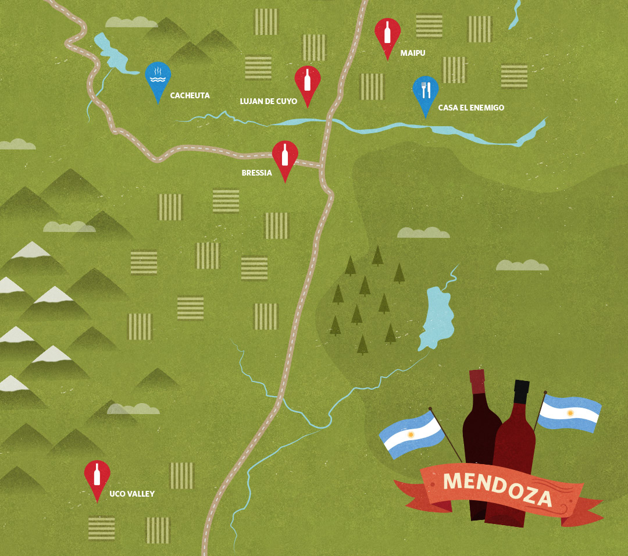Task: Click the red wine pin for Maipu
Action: point(387,33)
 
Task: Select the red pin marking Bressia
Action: point(285,156)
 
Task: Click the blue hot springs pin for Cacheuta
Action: point(158,76)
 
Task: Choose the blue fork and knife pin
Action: point(426,91)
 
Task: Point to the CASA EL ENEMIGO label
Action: point(471,108)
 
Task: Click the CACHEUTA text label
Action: point(190,95)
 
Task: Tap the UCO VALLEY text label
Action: point(132,494)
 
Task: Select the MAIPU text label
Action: point(413,54)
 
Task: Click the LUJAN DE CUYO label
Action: point(268,102)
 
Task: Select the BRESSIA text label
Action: point(256,173)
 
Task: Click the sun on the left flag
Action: point(411,435)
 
